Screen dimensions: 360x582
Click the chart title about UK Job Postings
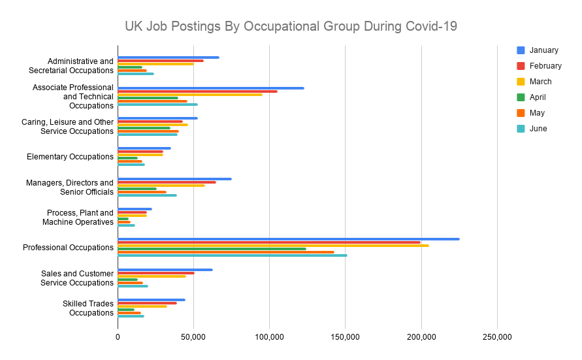[x=291, y=27]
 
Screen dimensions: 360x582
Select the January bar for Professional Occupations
[x=288, y=239]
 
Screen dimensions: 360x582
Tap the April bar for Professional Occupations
[x=212, y=248]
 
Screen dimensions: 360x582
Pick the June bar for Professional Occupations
[x=232, y=255]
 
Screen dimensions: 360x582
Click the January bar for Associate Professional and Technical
[x=210, y=88]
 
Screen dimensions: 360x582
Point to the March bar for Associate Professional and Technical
[x=189, y=95]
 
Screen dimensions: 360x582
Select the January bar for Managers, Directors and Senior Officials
[x=174, y=179]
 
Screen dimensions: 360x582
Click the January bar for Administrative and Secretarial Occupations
[x=168, y=57]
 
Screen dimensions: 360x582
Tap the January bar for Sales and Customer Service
[x=165, y=270]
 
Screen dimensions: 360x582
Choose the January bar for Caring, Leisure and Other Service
[x=157, y=118]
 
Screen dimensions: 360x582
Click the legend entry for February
[x=545, y=66]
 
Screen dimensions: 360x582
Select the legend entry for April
[x=538, y=97]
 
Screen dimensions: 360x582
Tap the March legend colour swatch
[x=521, y=82]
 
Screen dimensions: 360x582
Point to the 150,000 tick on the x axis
[x=345, y=337]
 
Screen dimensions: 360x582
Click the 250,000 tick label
[x=497, y=337]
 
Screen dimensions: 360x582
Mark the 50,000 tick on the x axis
[x=193, y=337]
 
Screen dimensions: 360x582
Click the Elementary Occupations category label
[x=70, y=157]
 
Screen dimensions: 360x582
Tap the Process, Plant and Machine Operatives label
[x=80, y=218]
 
